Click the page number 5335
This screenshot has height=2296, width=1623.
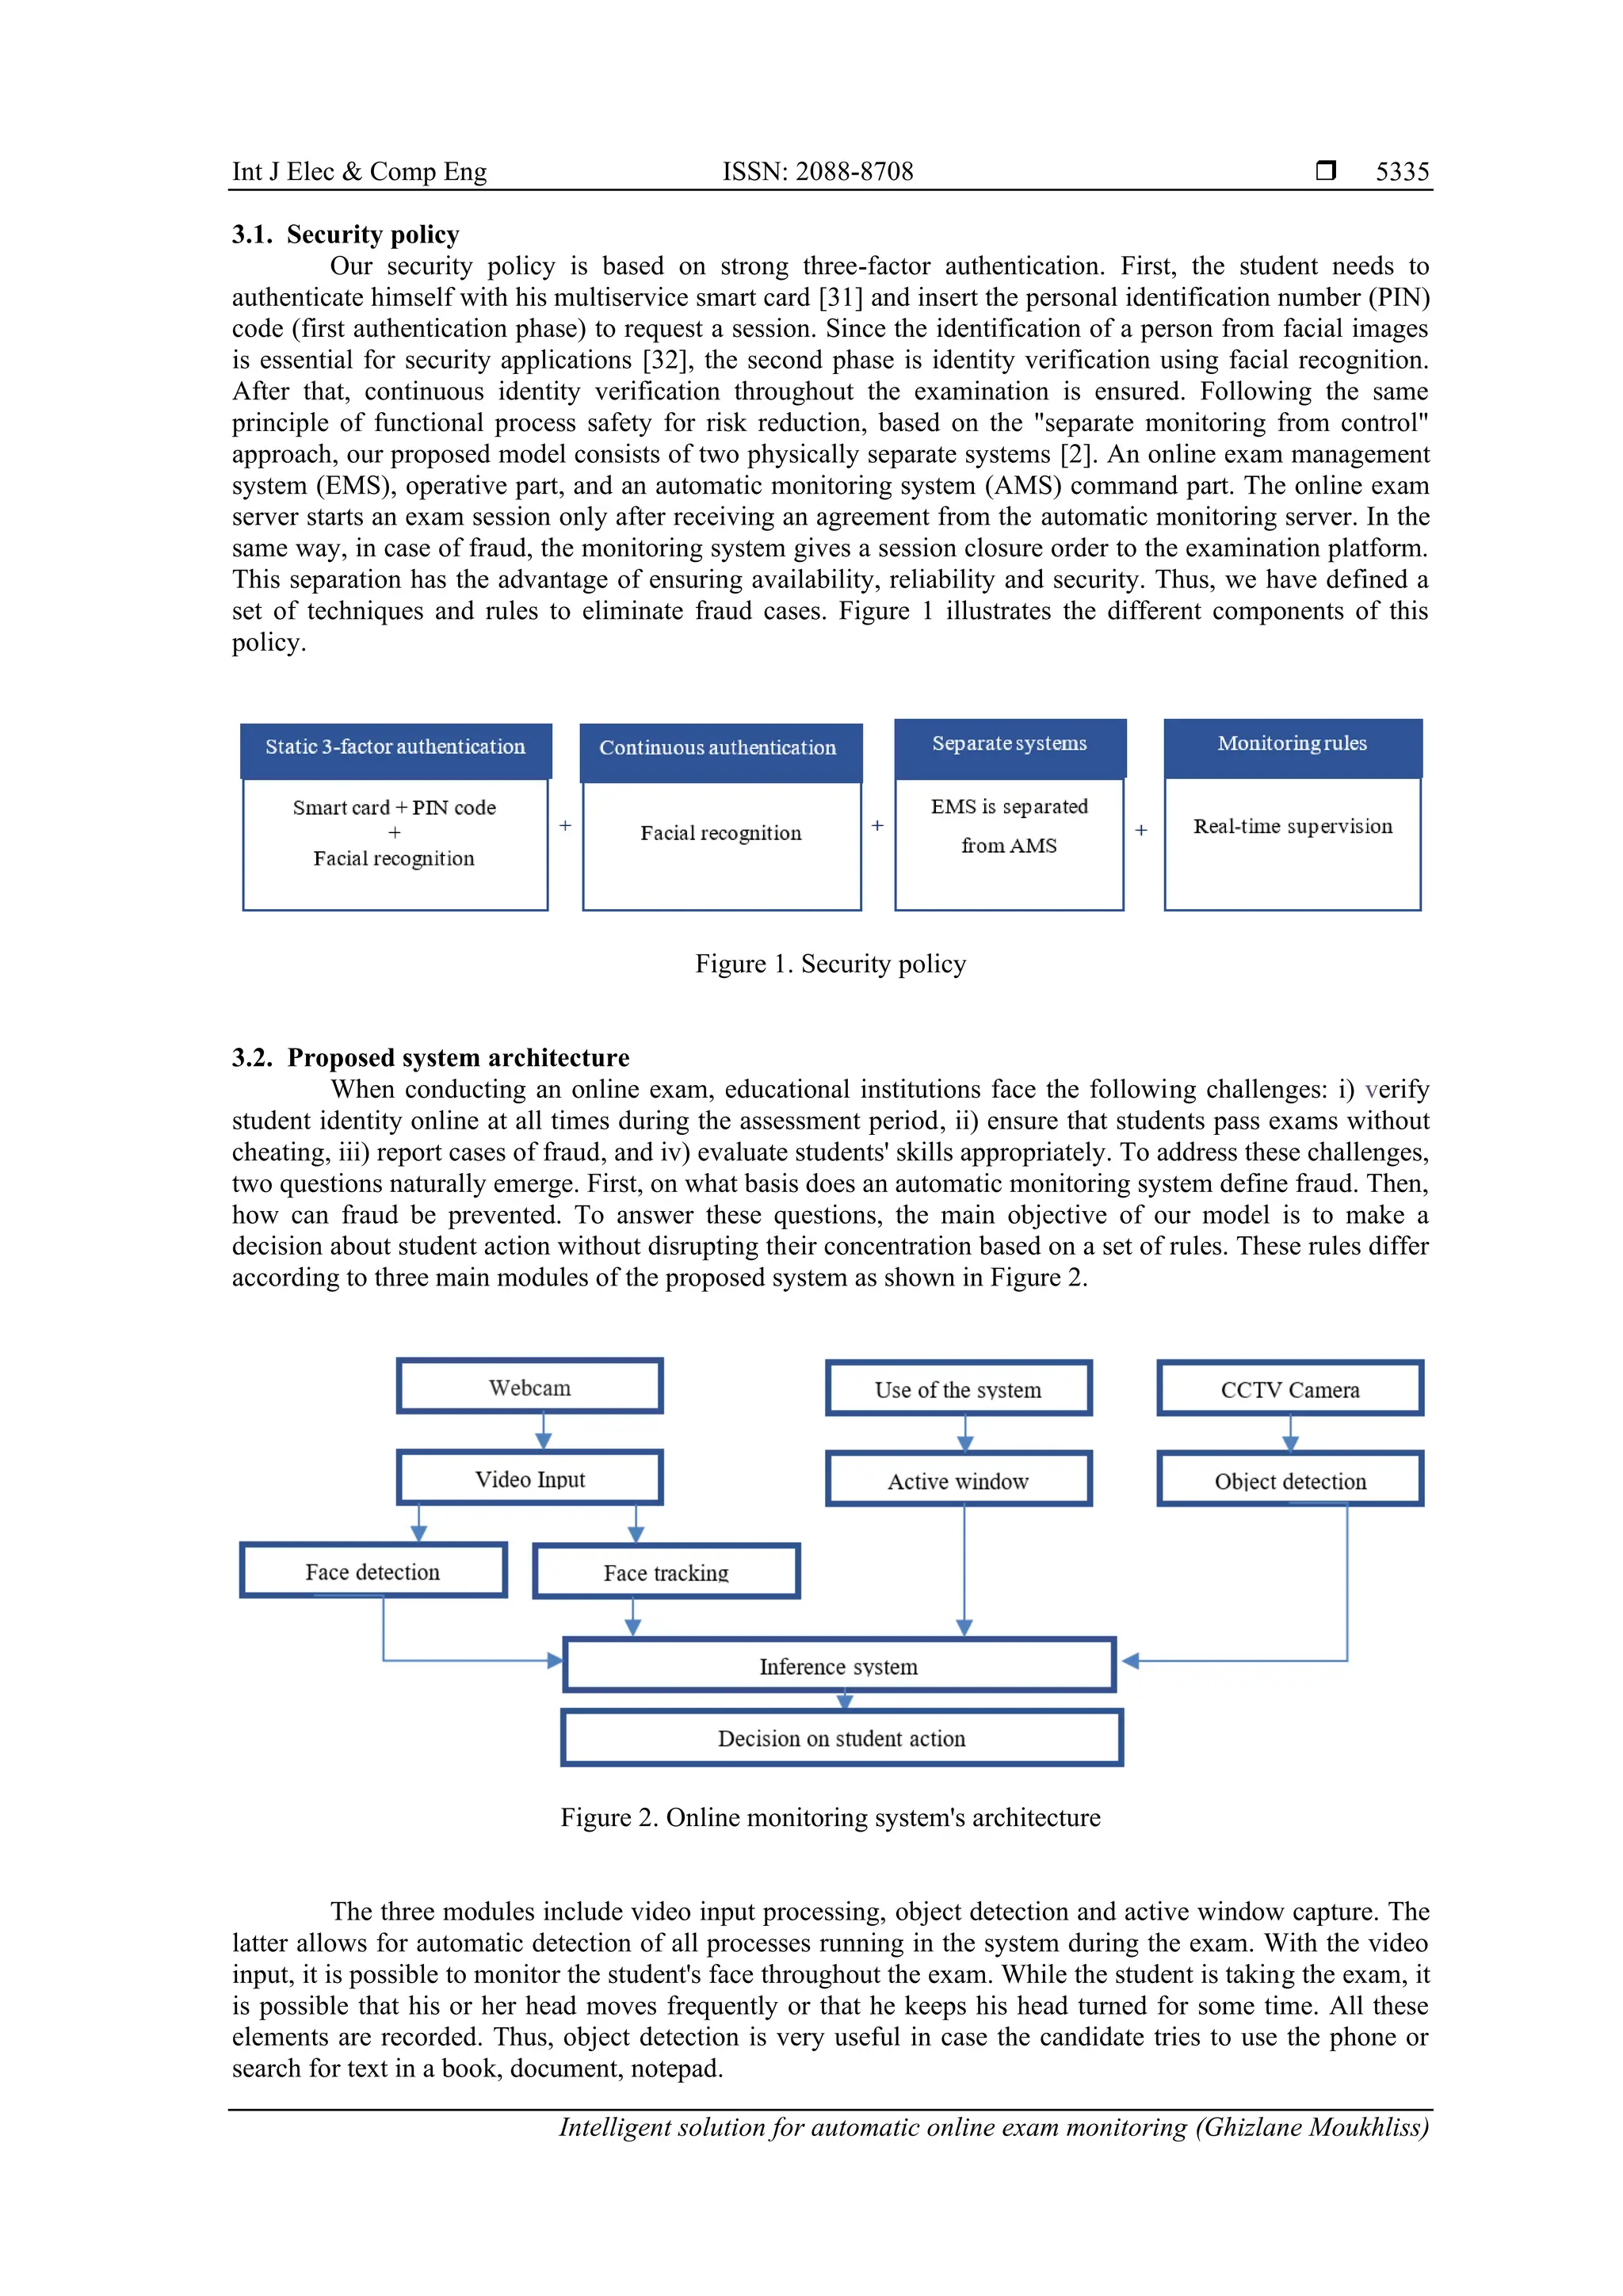pyautogui.click(x=1401, y=171)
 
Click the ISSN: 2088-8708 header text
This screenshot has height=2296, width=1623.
pyautogui.click(x=817, y=171)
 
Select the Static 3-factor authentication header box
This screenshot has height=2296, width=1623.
pyautogui.click(x=395, y=748)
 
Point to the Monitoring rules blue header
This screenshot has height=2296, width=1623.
pyautogui.click(x=1292, y=745)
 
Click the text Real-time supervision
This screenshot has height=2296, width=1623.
pyautogui.click(x=1292, y=827)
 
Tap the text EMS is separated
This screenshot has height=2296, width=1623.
pyautogui.click(x=1008, y=807)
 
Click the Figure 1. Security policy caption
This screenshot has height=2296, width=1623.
pyautogui.click(x=830, y=964)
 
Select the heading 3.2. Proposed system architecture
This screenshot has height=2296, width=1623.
pyautogui.click(x=430, y=1058)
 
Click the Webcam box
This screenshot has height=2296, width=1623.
pyautogui.click(x=530, y=1387)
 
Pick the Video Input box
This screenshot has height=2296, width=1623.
pyautogui.click(x=530, y=1479)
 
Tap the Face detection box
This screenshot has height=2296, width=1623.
pyautogui.click(x=373, y=1571)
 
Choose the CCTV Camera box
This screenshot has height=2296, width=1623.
pyautogui.click(x=1290, y=1389)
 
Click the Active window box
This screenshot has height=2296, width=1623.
pyautogui.click(x=958, y=1481)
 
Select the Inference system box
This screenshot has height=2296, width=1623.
pyautogui.click(x=838, y=1666)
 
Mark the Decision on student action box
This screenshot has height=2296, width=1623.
pyautogui.click(x=841, y=1738)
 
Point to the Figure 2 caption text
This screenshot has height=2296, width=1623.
pyautogui.click(x=830, y=1817)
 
